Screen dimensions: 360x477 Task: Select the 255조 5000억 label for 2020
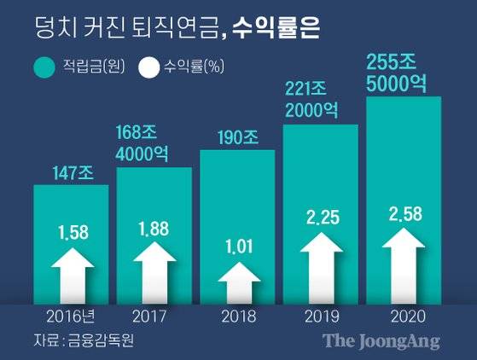[x=403, y=72]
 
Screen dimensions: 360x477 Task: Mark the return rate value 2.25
[x=321, y=220]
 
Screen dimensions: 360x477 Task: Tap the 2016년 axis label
[x=72, y=316]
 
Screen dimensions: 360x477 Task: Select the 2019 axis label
[x=320, y=316]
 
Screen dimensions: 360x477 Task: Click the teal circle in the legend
[x=43, y=67]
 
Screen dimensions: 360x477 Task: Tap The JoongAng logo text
[x=381, y=340]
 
